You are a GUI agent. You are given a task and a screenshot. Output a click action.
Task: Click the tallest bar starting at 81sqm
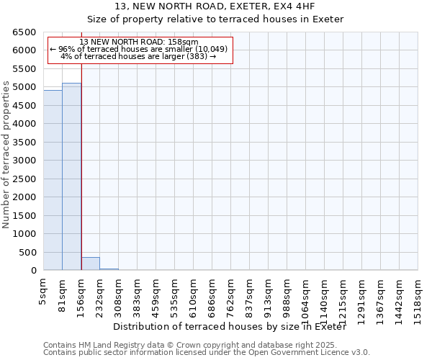pyautogui.click(x=71, y=176)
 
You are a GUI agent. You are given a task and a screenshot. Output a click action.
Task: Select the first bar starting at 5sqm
pyautogui.click(x=53, y=180)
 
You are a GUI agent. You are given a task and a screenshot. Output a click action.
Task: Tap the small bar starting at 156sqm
pyautogui.click(x=90, y=264)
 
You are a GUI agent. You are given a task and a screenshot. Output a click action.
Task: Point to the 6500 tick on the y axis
pyautogui.click(x=26, y=32)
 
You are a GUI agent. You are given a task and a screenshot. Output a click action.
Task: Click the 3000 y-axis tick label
pyautogui.click(x=26, y=161)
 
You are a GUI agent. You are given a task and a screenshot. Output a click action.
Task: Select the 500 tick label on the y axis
pyautogui.click(x=29, y=252)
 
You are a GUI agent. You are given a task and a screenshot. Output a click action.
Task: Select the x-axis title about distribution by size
pyautogui.click(x=230, y=327)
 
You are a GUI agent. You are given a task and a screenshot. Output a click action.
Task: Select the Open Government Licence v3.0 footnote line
pyautogui.click(x=206, y=352)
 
